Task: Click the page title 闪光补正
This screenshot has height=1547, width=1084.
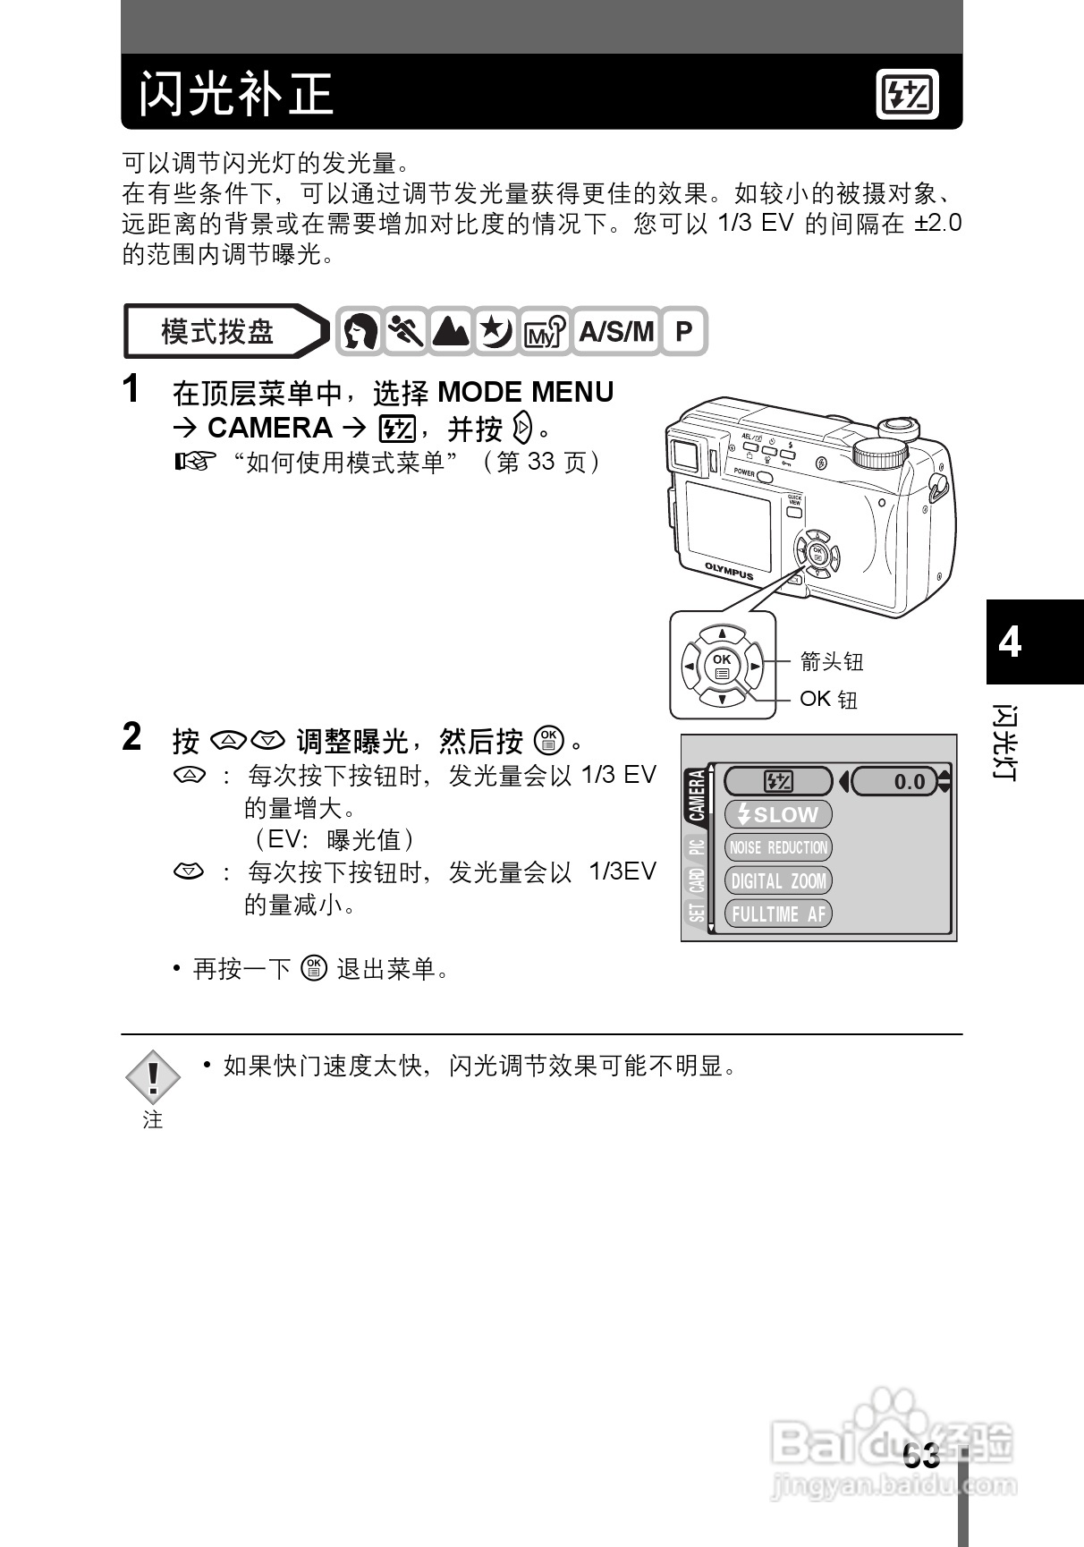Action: click(236, 94)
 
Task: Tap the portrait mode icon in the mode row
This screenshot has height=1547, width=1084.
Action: click(360, 332)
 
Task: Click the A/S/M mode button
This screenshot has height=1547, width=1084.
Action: click(615, 332)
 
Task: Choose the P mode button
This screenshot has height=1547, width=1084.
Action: click(683, 332)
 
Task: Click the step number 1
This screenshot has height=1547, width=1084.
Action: click(131, 390)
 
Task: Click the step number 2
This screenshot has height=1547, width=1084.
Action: click(131, 738)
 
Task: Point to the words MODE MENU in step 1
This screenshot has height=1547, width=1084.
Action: click(525, 393)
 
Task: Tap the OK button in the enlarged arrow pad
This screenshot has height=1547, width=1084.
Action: click(721, 666)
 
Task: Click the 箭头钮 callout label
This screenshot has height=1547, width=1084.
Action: click(831, 662)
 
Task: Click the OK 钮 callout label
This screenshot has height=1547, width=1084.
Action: click(828, 699)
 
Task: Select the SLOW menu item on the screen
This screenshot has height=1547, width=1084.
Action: click(777, 814)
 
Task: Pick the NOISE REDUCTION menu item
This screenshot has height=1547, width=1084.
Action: click(777, 847)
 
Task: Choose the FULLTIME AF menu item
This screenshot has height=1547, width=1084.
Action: click(777, 914)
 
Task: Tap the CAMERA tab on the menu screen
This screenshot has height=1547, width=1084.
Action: click(697, 795)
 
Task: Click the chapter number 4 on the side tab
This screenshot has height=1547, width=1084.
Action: click(1010, 642)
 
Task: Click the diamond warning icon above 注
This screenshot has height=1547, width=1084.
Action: click(153, 1075)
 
